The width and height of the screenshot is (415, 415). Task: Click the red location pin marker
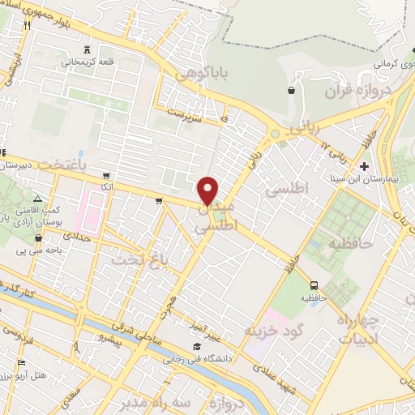click(x=209, y=190)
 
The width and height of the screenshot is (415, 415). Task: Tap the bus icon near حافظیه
click(x=314, y=285)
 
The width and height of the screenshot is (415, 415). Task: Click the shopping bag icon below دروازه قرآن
click(x=291, y=90)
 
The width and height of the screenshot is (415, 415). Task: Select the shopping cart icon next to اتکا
click(x=105, y=176)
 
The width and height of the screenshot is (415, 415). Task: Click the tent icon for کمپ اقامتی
click(x=39, y=199)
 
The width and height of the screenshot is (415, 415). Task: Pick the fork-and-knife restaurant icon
click(x=28, y=26)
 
